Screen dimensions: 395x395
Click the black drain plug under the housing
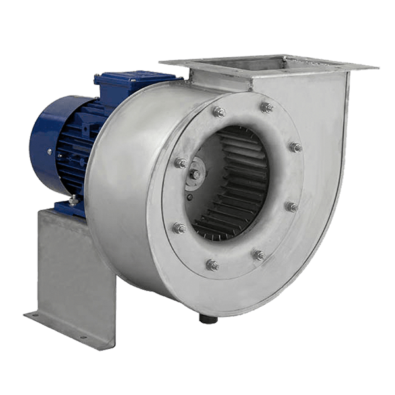[x=209, y=319]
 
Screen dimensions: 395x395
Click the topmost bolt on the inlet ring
[x=267, y=108]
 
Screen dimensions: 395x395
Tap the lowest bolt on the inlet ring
[x=212, y=265]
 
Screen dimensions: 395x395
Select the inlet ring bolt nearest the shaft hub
[x=180, y=163]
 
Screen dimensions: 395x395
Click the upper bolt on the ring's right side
[x=296, y=147]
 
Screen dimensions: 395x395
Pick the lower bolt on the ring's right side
[x=292, y=207]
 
